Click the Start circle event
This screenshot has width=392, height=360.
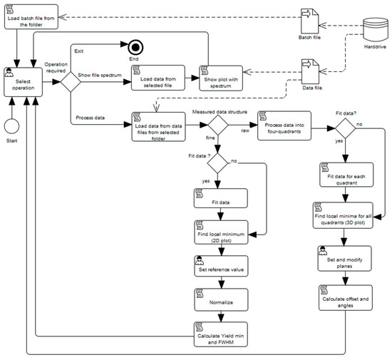11,126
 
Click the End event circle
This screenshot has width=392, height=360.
135,48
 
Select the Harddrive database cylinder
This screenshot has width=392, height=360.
376,29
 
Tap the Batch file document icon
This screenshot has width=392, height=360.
310,21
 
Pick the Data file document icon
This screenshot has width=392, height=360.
310,71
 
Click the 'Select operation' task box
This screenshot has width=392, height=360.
24,82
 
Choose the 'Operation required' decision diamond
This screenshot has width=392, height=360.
71,82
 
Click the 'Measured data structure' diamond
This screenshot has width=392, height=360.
218,125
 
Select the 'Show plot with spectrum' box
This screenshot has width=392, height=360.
221,78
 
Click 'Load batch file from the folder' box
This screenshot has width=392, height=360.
31,16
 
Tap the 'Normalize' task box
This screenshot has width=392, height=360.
221,299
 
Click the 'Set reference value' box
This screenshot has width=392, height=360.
221,266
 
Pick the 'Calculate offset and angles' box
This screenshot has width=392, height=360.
346,298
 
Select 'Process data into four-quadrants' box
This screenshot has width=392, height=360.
284,125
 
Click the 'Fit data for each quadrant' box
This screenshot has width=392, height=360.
346,175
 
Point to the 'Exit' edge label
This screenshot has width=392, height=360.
78,51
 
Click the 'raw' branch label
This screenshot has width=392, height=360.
245,130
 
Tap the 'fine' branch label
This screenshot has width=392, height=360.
210,138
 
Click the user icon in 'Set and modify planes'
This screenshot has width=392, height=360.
322,250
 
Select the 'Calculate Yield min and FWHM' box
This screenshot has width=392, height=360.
221,334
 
